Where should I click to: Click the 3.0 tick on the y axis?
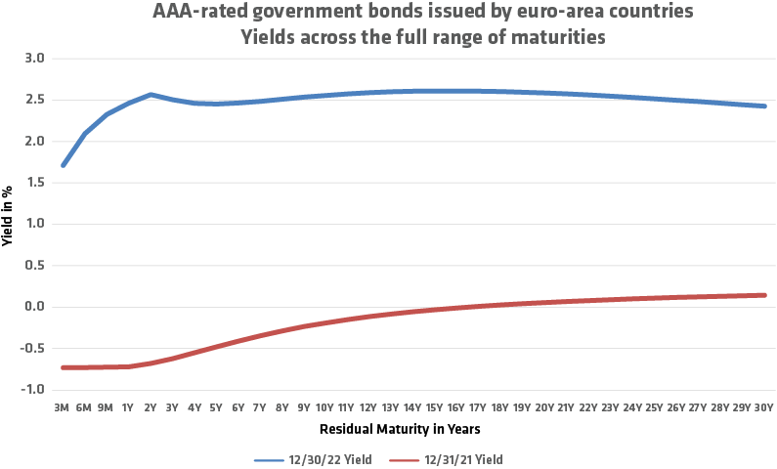(36, 59)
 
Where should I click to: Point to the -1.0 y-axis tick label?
(34, 389)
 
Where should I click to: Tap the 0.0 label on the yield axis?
(36, 307)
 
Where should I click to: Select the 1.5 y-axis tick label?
(36, 183)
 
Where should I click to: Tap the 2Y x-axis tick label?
(151, 406)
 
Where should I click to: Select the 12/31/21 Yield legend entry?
(454, 458)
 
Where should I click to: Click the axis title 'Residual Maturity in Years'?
(400, 429)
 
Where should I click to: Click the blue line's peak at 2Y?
(151, 95)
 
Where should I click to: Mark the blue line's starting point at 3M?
(64, 165)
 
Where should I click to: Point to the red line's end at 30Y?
(763, 295)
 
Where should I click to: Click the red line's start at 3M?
(64, 367)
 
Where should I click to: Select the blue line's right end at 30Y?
(763, 107)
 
